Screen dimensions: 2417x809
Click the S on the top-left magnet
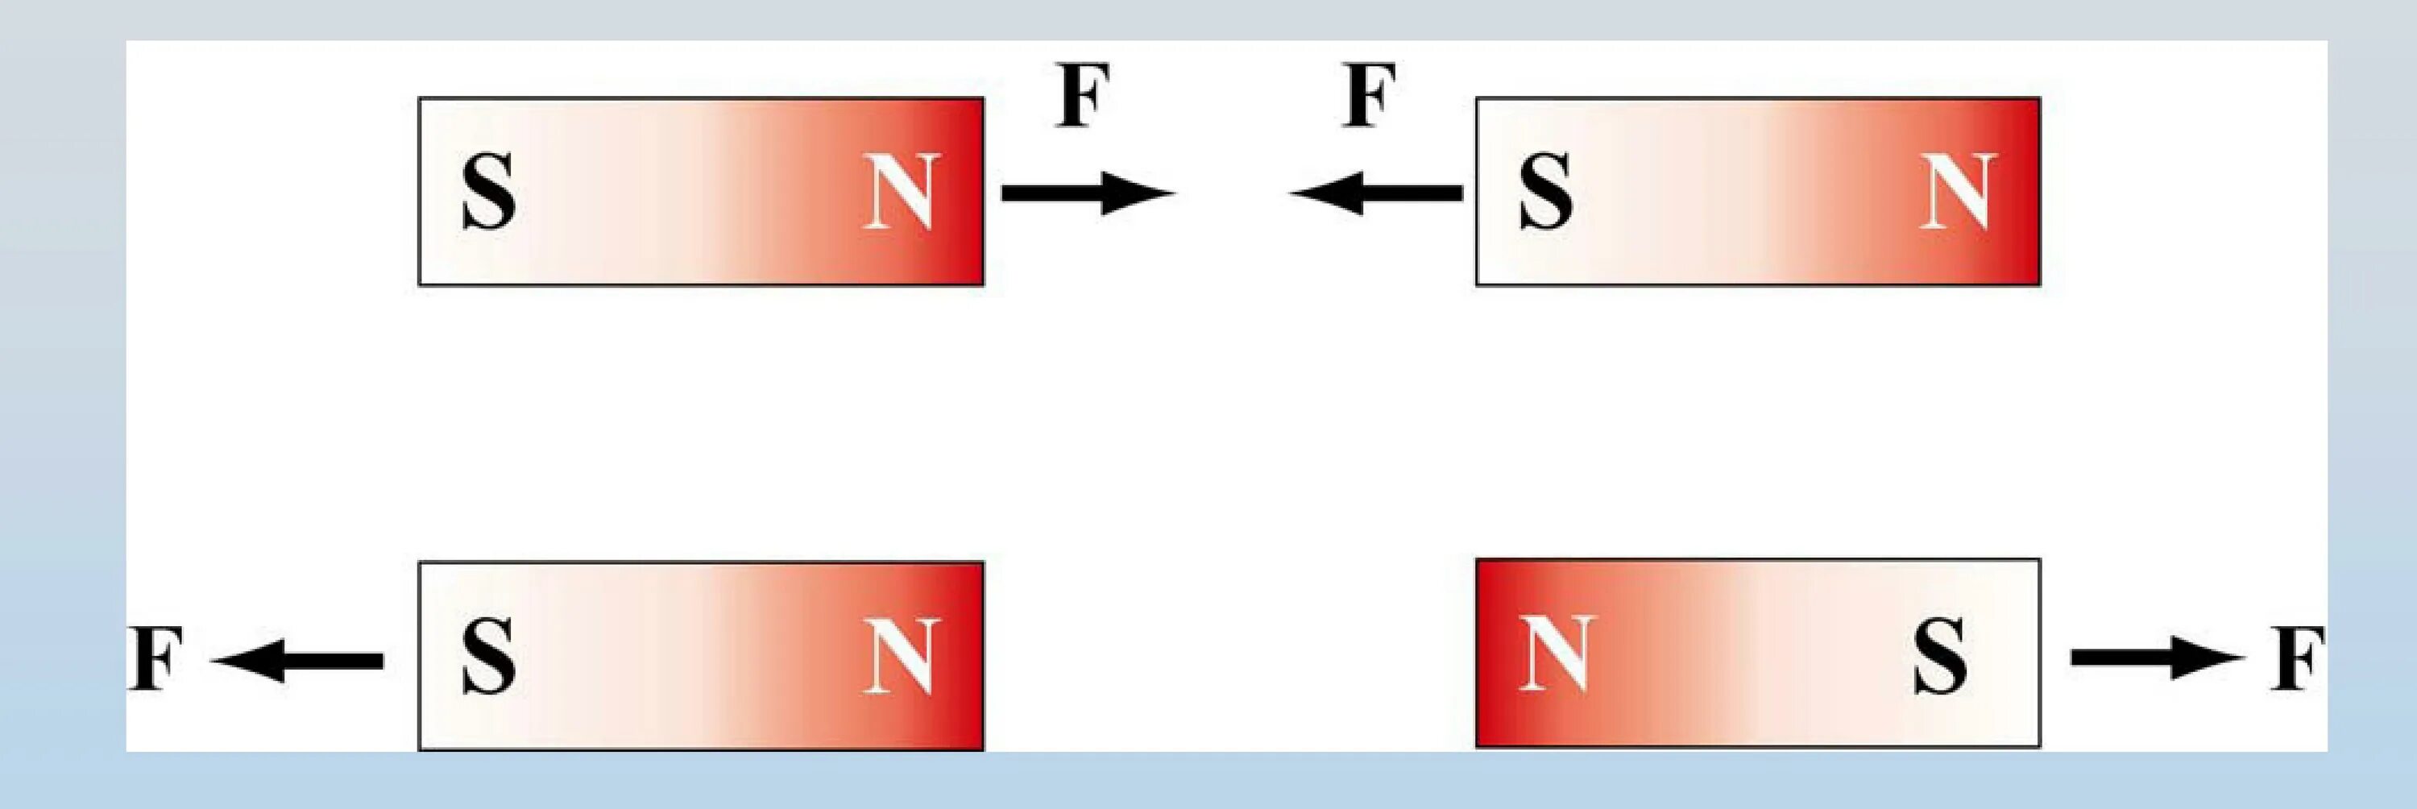point(488,192)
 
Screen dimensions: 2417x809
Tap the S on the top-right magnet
point(1545,192)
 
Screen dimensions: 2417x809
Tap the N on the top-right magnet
point(1955,192)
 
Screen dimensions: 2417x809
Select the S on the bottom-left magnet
point(488,654)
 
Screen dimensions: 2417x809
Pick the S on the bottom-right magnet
point(1939,654)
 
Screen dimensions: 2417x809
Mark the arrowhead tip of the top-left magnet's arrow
point(1173,193)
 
